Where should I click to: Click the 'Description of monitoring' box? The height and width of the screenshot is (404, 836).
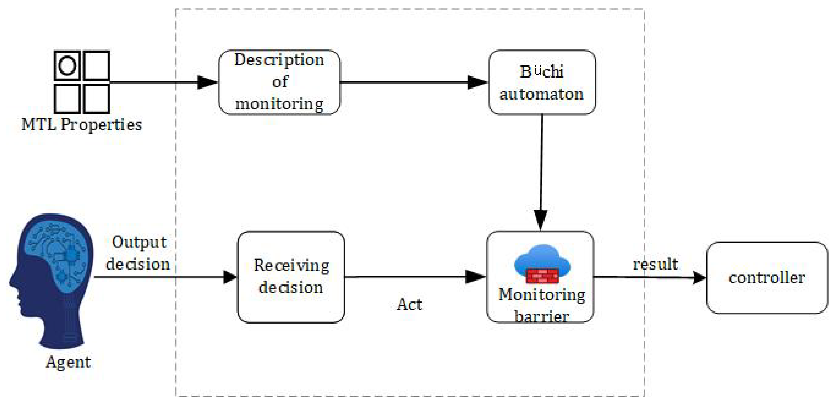(279, 82)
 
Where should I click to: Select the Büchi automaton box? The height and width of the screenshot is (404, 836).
(542, 82)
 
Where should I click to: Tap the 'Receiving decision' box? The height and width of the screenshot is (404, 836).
(291, 277)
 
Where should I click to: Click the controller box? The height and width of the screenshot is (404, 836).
(767, 277)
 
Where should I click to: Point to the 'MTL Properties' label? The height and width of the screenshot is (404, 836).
(82, 125)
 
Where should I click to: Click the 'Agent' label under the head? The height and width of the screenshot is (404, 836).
(68, 362)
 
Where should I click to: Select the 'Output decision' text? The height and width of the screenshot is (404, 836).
(138, 253)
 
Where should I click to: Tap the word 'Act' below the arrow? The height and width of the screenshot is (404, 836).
(410, 304)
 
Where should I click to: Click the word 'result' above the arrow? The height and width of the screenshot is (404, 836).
(656, 264)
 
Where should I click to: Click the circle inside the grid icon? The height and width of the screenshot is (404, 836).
(67, 66)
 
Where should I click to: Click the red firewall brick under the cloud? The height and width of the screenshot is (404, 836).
(542, 276)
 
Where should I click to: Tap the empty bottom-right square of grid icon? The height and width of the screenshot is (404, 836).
(96, 98)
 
